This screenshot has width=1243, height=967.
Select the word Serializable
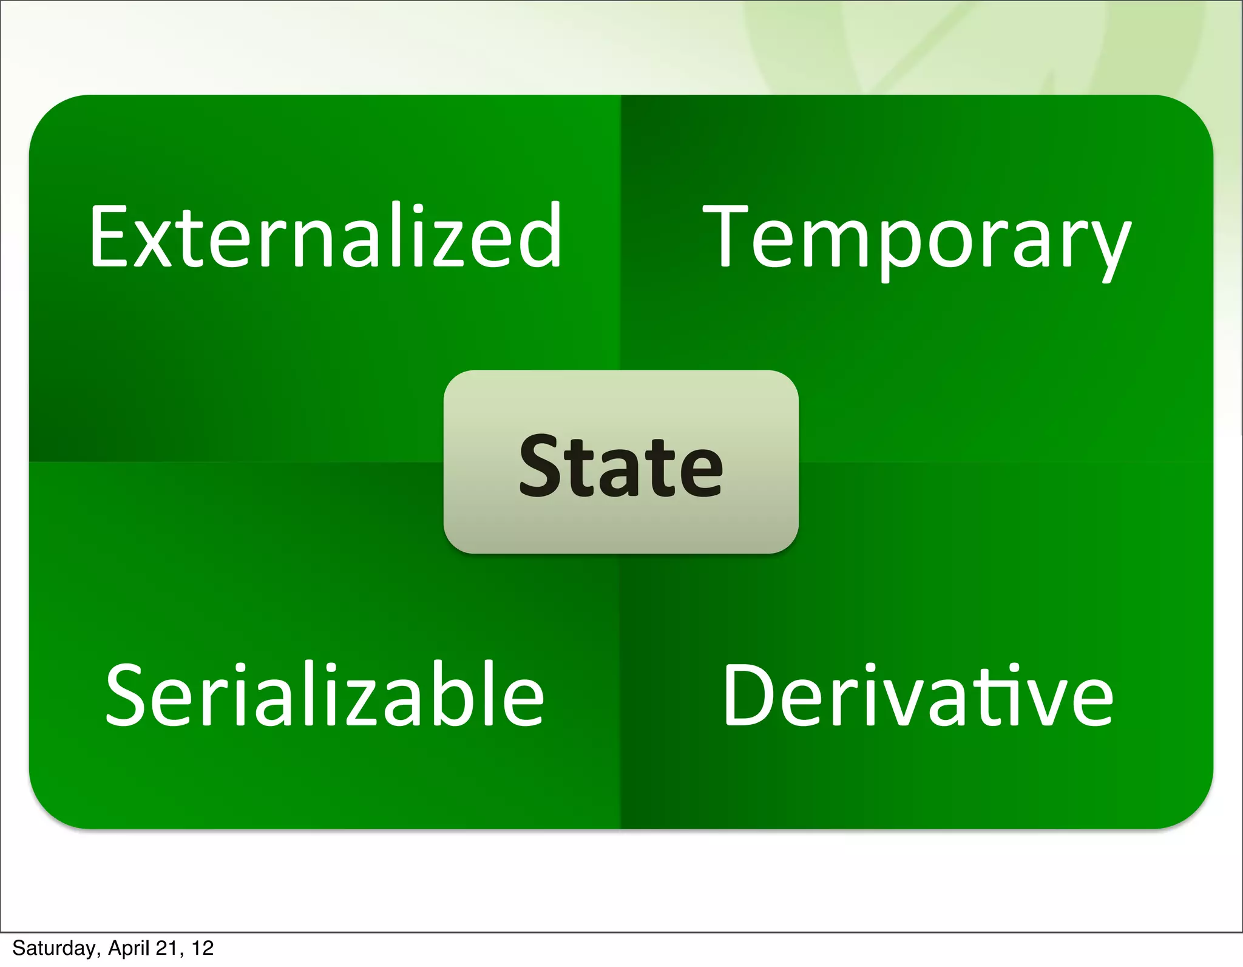click(325, 694)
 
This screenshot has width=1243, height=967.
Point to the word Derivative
click(918, 694)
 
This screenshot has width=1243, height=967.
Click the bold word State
click(621, 466)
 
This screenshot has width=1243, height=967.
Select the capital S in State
click(542, 466)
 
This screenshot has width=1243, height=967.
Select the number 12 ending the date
click(203, 948)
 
